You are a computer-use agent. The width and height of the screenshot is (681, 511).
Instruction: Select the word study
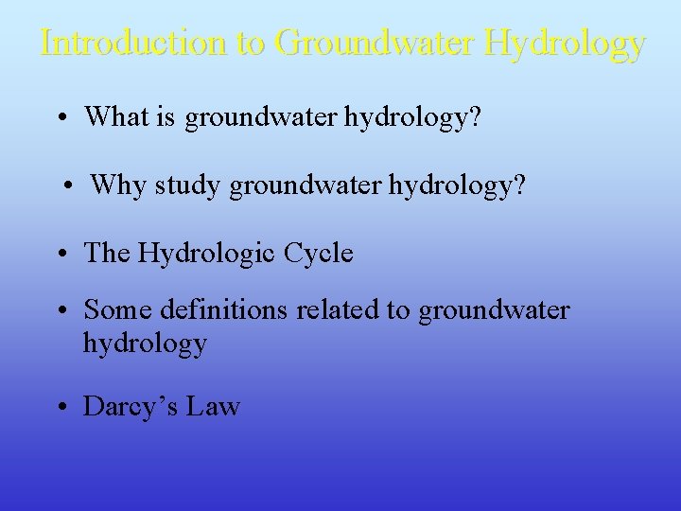click(195, 185)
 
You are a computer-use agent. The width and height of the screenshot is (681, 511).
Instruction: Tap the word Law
click(214, 407)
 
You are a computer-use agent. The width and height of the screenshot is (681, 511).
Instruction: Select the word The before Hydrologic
click(106, 253)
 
